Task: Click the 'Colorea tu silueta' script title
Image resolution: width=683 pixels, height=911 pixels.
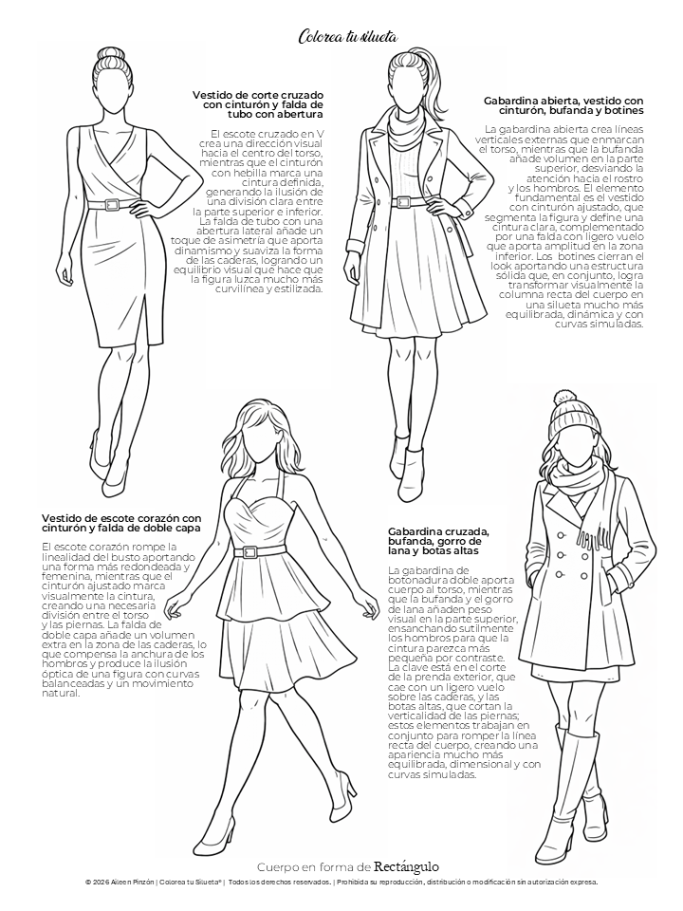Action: click(348, 37)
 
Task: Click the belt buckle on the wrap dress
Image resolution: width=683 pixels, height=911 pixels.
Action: click(111, 205)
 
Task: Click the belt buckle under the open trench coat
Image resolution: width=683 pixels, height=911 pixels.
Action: click(402, 201)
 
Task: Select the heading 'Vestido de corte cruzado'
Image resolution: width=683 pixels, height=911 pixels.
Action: click(258, 95)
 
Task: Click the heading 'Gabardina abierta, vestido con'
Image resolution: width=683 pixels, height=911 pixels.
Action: click(563, 100)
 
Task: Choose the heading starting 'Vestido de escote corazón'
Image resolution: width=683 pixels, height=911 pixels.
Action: click(121, 518)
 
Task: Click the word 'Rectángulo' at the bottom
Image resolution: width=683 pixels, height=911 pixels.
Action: click(406, 866)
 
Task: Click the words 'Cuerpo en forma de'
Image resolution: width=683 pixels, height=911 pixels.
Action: click(314, 867)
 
